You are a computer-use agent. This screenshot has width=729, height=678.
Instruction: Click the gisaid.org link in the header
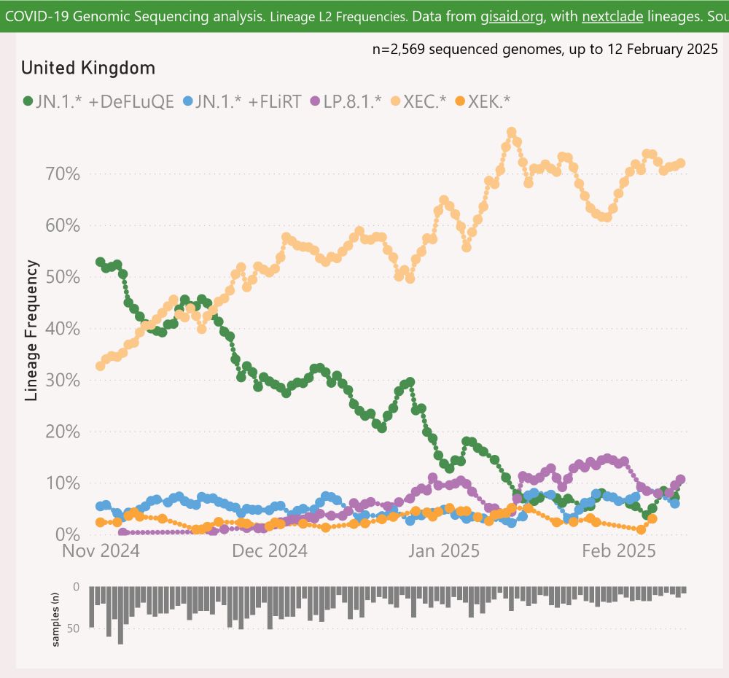pyautogui.click(x=512, y=16)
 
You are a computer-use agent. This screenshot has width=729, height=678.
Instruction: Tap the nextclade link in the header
pyautogui.click(x=612, y=16)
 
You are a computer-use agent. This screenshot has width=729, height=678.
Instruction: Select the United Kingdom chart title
pyautogui.click(x=87, y=69)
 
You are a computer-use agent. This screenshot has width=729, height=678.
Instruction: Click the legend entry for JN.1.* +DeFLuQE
pyautogui.click(x=98, y=102)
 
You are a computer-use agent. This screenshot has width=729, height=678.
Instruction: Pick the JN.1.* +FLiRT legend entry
pyautogui.click(x=241, y=102)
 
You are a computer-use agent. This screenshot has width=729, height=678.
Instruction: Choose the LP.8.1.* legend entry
pyautogui.click(x=346, y=102)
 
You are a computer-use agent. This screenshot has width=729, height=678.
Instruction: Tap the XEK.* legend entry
pyautogui.click(x=482, y=102)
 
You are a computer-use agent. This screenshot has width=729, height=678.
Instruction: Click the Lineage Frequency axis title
pyautogui.click(x=31, y=330)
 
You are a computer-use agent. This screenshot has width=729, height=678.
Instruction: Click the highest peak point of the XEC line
pyautogui.click(x=511, y=133)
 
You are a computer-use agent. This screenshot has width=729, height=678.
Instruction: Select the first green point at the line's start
pyautogui.click(x=101, y=262)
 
